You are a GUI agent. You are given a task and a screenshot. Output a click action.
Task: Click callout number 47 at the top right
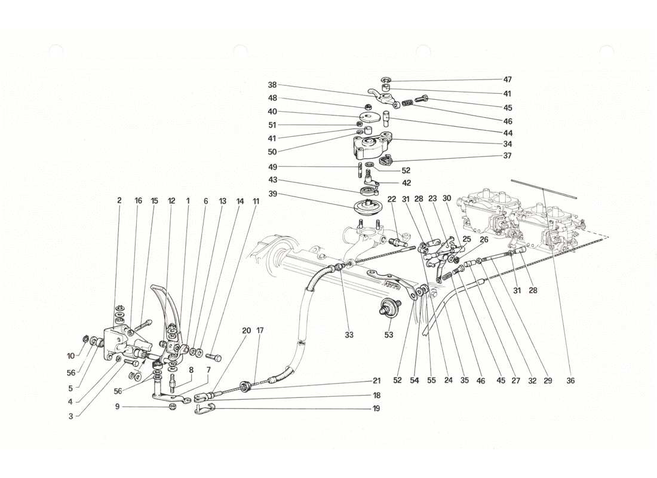click(x=490, y=79)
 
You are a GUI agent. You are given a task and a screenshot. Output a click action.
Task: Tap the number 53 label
click(x=389, y=335)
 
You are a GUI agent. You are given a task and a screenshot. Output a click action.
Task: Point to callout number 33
click(x=349, y=335)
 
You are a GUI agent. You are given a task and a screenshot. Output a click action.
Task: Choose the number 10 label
click(x=70, y=356)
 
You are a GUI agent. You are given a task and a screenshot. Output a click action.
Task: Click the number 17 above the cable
click(x=260, y=330)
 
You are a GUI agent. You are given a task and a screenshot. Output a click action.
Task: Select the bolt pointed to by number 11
click(x=214, y=357)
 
